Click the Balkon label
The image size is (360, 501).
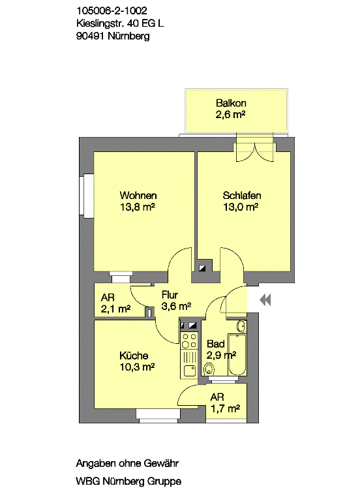click(x=231, y=103)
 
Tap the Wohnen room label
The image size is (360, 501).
click(x=138, y=195)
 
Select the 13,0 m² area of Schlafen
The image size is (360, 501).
click(x=241, y=207)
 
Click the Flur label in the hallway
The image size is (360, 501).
click(x=170, y=295)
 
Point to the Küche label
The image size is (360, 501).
click(x=134, y=356)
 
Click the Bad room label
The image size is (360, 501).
click(x=216, y=344)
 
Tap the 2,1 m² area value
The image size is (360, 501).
click(x=115, y=309)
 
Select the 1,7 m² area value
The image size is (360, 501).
click(x=225, y=408)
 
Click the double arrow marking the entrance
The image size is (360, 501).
click(x=265, y=300)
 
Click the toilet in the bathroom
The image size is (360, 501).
click(x=209, y=369)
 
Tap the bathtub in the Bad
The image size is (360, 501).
click(x=237, y=354)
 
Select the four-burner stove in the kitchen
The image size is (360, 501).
click(x=189, y=341)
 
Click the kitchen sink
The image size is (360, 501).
click(x=189, y=371)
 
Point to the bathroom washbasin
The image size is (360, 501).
click(x=241, y=326)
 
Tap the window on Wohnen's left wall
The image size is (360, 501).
click(x=86, y=196)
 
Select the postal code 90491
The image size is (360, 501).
click(x=91, y=36)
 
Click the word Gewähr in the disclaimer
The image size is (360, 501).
click(x=161, y=463)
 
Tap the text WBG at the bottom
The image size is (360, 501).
click(x=88, y=481)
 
